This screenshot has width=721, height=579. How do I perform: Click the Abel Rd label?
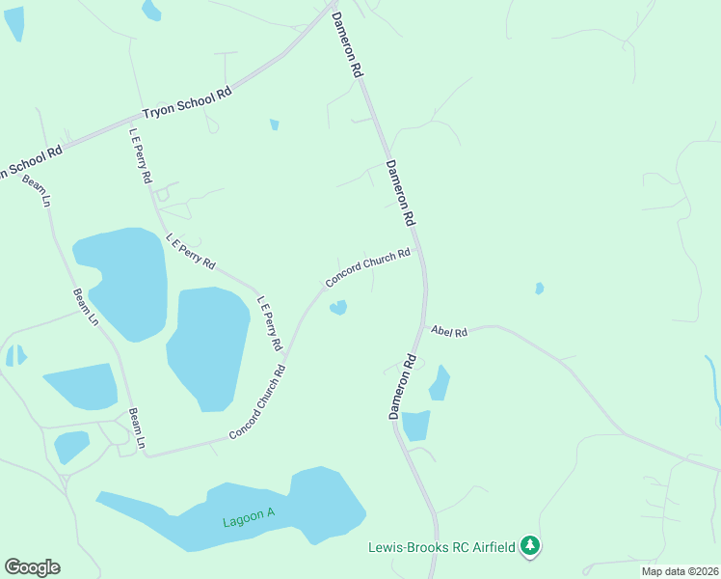click(449, 332)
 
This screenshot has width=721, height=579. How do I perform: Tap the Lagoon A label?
click(249, 517)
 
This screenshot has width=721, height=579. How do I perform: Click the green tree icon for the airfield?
click(529, 547)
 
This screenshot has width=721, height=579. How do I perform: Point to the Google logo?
click(32, 567)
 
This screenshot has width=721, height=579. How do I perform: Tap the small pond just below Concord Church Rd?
click(338, 308)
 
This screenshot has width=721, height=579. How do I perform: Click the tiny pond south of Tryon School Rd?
click(275, 124)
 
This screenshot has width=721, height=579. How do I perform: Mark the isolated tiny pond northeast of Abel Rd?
click(539, 288)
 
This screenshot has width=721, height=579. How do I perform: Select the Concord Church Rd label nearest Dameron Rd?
click(368, 267)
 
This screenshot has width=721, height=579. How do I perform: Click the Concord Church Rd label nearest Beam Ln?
click(256, 403)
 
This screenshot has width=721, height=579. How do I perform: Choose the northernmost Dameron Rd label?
click(347, 44)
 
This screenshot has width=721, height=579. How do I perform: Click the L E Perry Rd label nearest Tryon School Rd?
click(141, 155)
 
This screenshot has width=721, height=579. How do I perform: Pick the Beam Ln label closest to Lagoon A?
click(136, 427)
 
